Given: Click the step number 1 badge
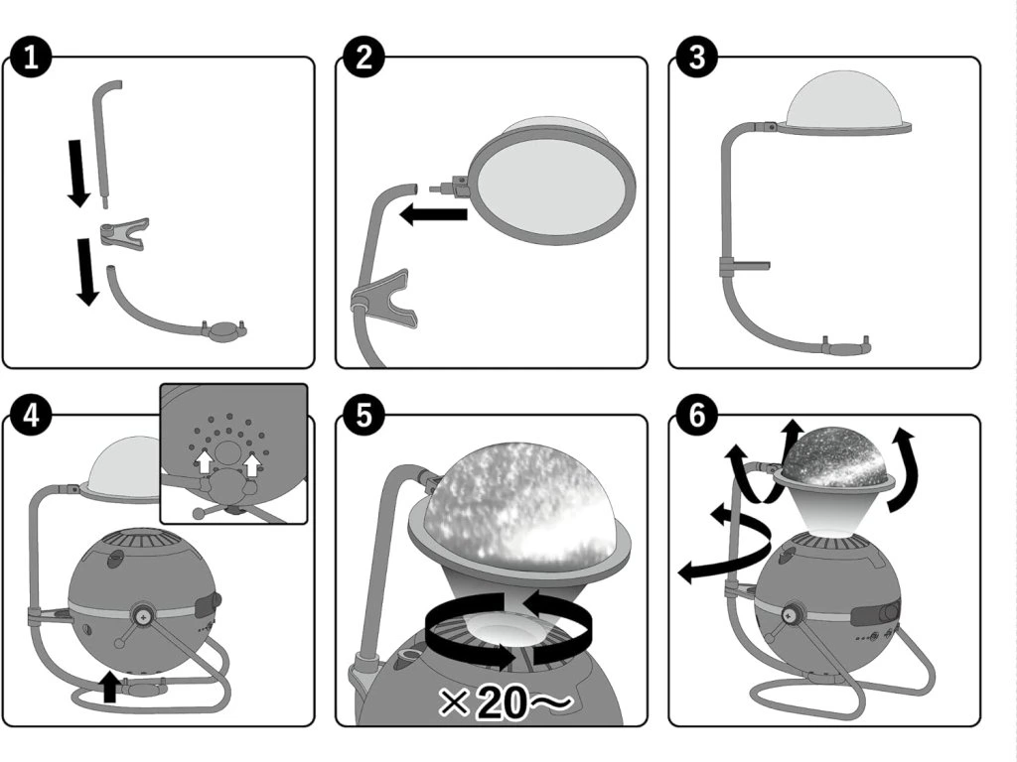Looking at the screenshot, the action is coord(31,58).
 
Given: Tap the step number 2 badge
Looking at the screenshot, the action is coord(363,58).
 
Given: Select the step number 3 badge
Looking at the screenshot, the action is coord(696,58).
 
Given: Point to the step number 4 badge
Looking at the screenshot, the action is coord(31,416).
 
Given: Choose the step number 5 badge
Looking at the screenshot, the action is coord(363,416).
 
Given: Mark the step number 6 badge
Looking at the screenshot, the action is coord(696,416).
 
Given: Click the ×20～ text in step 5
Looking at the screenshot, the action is coord(506,701).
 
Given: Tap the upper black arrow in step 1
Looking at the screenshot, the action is coord(78,173).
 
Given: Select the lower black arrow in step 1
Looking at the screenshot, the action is coord(86,272).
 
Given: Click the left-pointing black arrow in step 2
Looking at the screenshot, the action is coord(433,213).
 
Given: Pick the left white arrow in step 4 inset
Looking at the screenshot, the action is coord(205,461).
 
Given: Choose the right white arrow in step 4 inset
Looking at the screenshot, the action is coord(252,463).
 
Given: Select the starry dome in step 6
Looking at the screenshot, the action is coord(836,456).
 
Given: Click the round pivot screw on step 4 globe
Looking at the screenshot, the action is coord(144,613).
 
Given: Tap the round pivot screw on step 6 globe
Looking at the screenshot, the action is coord(790,613).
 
